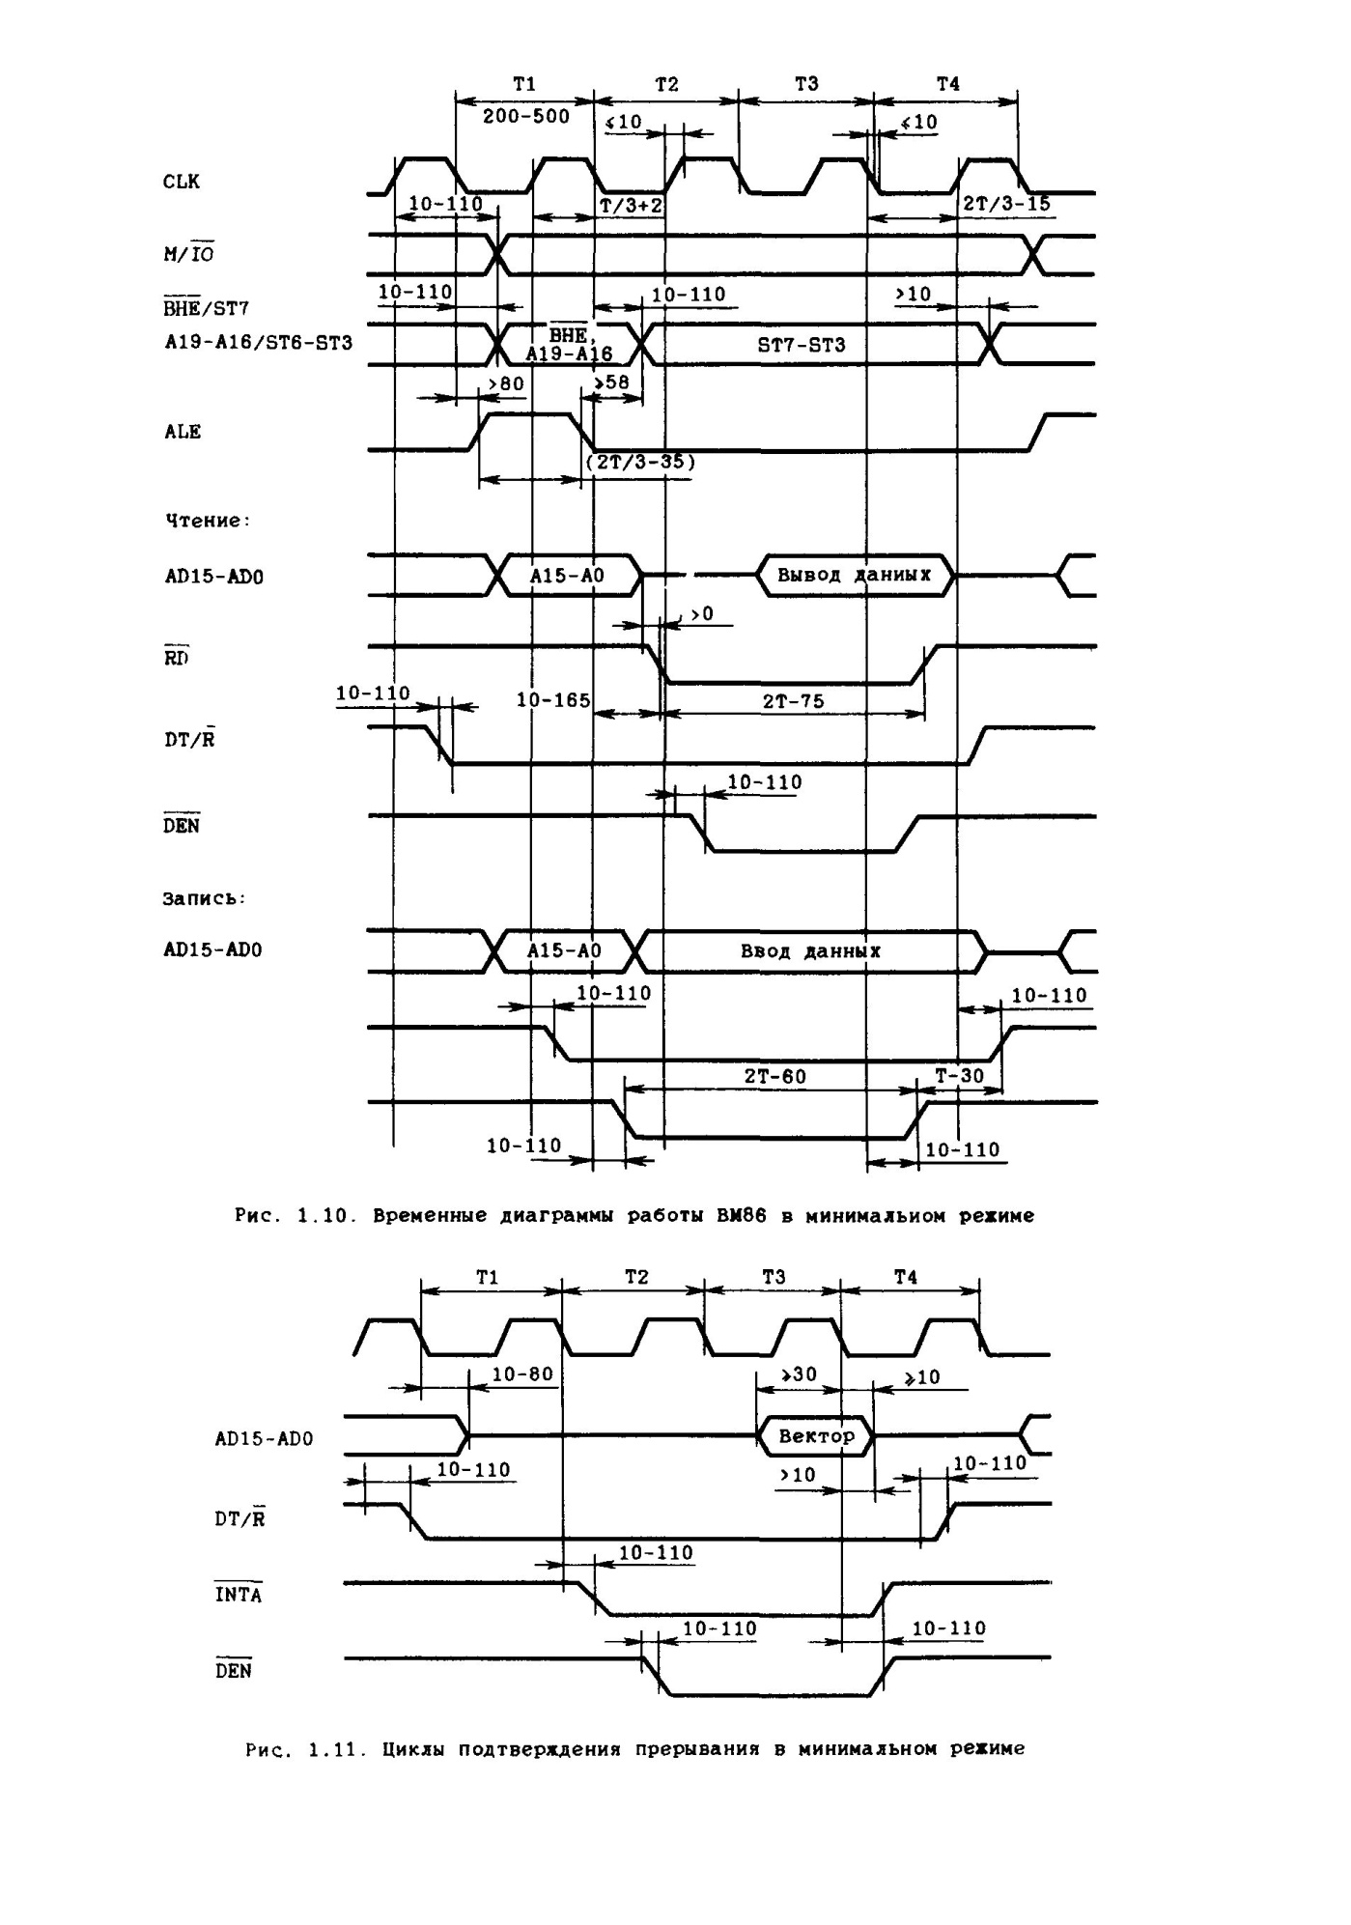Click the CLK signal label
(x=182, y=182)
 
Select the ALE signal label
(x=183, y=432)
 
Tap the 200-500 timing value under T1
(x=526, y=117)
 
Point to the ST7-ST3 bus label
(x=802, y=345)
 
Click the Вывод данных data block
(x=855, y=575)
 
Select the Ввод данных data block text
(x=810, y=951)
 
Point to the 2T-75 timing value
(x=794, y=701)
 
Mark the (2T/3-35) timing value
(x=640, y=462)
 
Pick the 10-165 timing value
(x=553, y=699)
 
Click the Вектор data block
(x=816, y=1436)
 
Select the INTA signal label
(x=238, y=1594)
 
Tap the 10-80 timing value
(x=522, y=1374)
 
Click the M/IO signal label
(x=188, y=254)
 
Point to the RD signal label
(x=177, y=659)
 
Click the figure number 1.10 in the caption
(x=315, y=1216)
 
